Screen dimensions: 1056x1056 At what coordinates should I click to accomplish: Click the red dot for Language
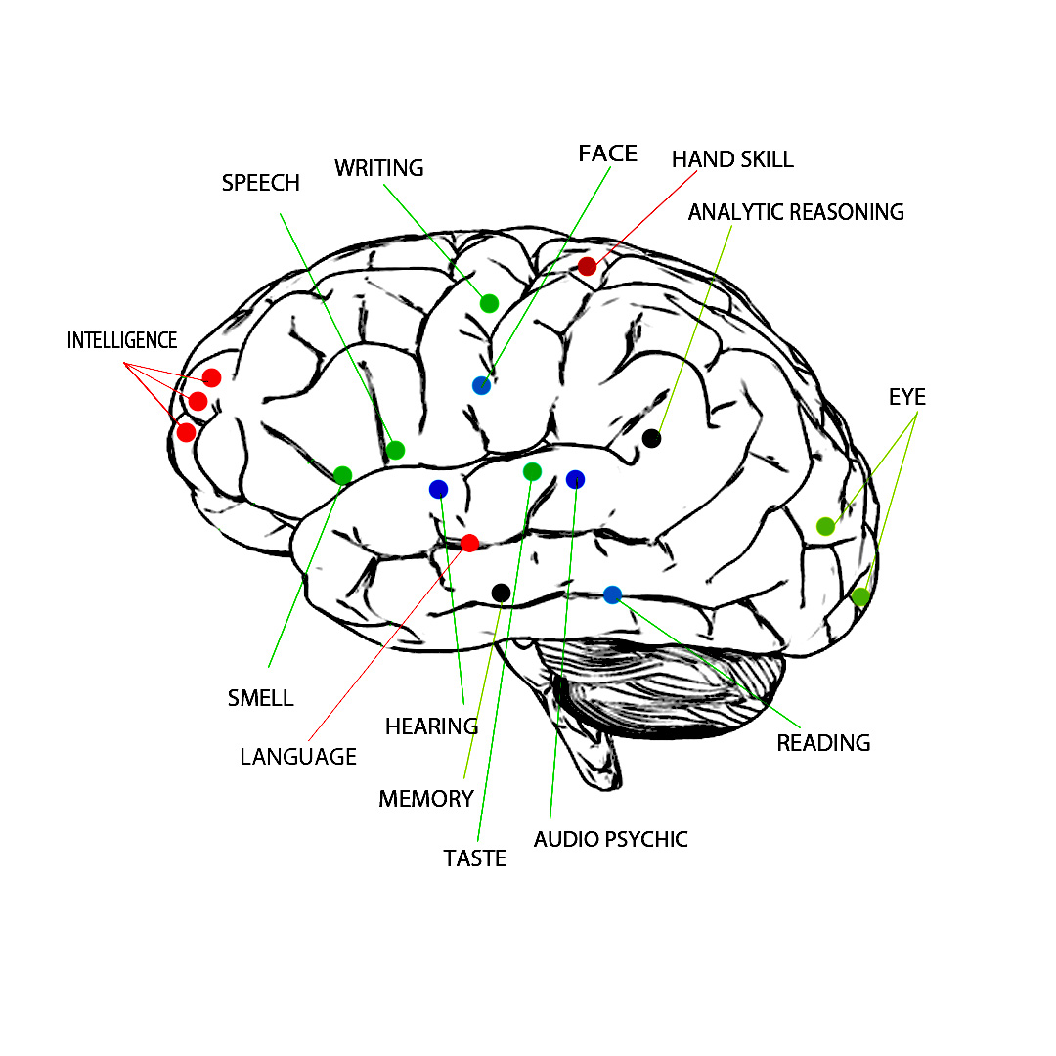pyautogui.click(x=469, y=543)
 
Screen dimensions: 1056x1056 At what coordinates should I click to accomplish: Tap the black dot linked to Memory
pyautogui.click(x=501, y=593)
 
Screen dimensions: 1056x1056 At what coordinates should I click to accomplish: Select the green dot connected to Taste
pyautogui.click(x=532, y=472)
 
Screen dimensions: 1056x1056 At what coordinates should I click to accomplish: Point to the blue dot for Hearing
pyautogui.click(x=438, y=489)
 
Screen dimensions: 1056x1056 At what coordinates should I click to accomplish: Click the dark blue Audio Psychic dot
pyautogui.click(x=575, y=479)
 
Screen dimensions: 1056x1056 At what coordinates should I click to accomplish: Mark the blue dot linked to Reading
pyautogui.click(x=612, y=594)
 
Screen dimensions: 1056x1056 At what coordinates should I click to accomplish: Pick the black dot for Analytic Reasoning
pyautogui.click(x=651, y=438)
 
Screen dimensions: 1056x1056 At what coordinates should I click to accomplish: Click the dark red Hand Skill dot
pyautogui.click(x=587, y=266)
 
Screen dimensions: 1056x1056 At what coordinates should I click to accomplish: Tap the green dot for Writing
pyautogui.click(x=489, y=303)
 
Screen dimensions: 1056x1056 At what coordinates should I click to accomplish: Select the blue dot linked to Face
pyautogui.click(x=481, y=385)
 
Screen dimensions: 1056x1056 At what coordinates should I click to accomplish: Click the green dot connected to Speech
pyautogui.click(x=395, y=450)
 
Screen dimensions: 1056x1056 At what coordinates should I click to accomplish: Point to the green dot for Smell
pyautogui.click(x=342, y=475)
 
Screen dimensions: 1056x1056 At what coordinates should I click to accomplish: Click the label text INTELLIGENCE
pyautogui.click(x=122, y=341)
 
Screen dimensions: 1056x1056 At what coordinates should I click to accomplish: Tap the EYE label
pyautogui.click(x=906, y=398)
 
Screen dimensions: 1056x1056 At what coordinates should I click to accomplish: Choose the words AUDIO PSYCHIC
pyautogui.click(x=610, y=839)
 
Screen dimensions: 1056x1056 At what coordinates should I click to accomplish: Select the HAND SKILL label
pyautogui.click(x=732, y=159)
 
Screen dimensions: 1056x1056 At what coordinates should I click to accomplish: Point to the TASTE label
pyautogui.click(x=475, y=858)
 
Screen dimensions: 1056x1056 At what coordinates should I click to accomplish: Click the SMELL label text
pyautogui.click(x=260, y=698)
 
